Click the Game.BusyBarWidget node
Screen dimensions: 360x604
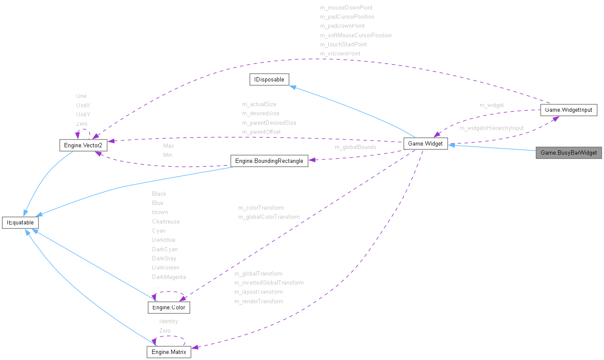click(x=568, y=153)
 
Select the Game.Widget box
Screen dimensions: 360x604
click(x=425, y=144)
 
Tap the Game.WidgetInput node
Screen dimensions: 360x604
click(x=568, y=110)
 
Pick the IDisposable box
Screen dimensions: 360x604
click(x=269, y=79)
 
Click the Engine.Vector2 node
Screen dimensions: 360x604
click(x=83, y=145)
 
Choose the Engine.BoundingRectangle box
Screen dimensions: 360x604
click(x=269, y=161)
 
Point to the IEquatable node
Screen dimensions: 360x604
click(x=20, y=223)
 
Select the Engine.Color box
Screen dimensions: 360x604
click(x=169, y=308)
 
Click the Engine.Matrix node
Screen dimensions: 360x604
click(x=169, y=352)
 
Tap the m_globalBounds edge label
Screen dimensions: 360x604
click(x=355, y=147)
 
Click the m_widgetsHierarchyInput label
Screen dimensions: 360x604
click(x=491, y=128)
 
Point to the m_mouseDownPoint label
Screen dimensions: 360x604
click(x=346, y=7)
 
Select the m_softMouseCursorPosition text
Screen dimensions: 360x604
click(x=356, y=35)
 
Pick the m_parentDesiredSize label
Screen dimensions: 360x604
click(x=269, y=123)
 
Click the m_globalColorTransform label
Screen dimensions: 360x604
click(x=269, y=217)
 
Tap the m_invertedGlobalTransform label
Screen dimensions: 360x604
click(x=269, y=282)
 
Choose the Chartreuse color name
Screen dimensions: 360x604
click(x=166, y=221)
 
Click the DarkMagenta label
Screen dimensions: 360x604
click(x=169, y=277)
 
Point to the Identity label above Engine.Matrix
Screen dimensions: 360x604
click(x=169, y=321)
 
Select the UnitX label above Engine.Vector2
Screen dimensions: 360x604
click(x=83, y=105)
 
